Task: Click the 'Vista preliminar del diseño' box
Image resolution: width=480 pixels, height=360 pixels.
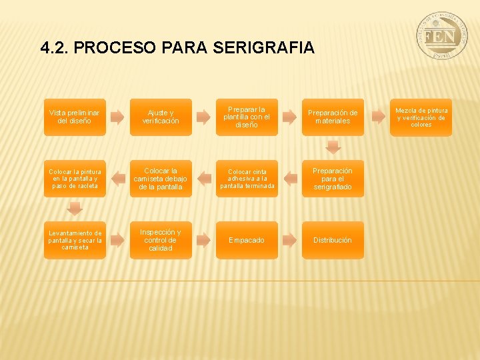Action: pyautogui.click(x=75, y=117)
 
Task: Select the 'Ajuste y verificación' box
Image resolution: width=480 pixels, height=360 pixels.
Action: pyautogui.click(x=160, y=117)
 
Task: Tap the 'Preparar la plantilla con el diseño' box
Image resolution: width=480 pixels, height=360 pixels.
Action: pyautogui.click(x=246, y=117)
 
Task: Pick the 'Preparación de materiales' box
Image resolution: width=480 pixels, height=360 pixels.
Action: pyautogui.click(x=333, y=117)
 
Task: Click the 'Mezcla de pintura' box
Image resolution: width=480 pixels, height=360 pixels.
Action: pyautogui.click(x=421, y=117)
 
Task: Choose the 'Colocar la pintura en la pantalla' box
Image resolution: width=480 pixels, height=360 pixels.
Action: pyautogui.click(x=75, y=179)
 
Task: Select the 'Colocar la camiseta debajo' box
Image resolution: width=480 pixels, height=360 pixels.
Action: pyautogui.click(x=160, y=179)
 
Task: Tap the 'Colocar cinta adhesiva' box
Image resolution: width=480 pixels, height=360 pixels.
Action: pyautogui.click(x=246, y=179)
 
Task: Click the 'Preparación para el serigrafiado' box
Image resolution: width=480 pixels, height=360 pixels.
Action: pyautogui.click(x=333, y=179)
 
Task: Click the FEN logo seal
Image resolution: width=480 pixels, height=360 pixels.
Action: pyautogui.click(x=442, y=37)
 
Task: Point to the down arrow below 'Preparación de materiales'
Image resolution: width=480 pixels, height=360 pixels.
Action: pyautogui.click(x=333, y=147)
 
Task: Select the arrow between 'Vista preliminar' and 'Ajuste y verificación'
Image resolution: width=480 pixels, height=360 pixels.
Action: pyautogui.click(x=117, y=117)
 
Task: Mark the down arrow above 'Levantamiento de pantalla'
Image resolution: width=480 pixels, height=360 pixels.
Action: pyautogui.click(x=75, y=209)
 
